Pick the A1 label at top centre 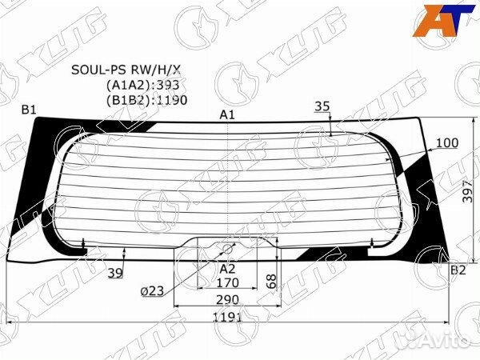[227, 115]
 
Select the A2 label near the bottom [227, 270]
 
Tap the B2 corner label [458, 270]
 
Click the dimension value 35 [322, 106]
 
